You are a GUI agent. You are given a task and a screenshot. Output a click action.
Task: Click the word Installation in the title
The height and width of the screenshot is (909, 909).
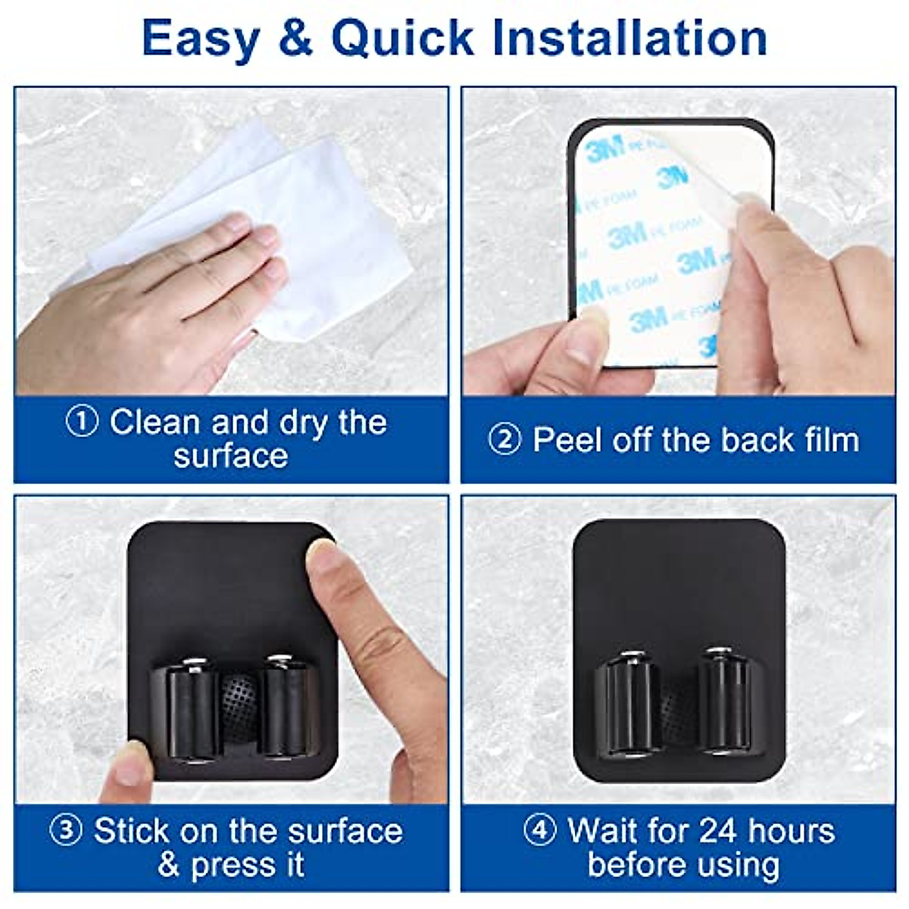coord(629,38)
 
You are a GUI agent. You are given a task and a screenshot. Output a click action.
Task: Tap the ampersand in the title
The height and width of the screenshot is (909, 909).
coord(295,38)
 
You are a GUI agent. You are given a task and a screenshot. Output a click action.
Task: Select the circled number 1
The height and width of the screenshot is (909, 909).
coord(82,422)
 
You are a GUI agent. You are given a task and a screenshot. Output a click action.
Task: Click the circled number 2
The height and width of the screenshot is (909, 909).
coord(504,440)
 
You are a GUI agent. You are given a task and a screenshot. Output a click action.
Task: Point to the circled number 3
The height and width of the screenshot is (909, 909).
coord(66,831)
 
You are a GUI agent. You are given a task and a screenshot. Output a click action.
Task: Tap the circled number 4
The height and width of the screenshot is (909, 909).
coord(540,831)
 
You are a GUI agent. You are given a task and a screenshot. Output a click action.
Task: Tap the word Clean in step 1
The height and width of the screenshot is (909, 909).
coord(155,422)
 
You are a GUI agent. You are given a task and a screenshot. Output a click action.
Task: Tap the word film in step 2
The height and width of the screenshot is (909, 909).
coord(829,440)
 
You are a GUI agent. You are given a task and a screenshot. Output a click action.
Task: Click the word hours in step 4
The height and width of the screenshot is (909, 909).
coord(791,831)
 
